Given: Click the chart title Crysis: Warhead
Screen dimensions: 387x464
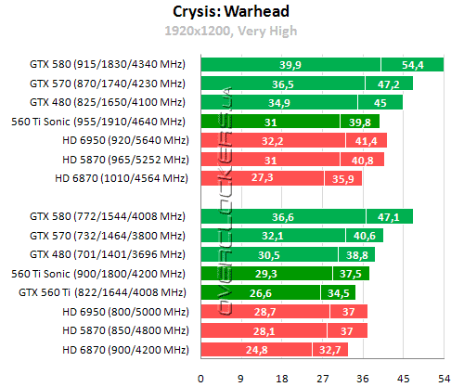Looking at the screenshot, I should click(x=231, y=12).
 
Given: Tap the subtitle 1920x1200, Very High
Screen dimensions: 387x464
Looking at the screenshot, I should click(x=231, y=32).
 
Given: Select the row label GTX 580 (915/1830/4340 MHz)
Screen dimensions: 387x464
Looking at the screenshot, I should click(x=108, y=64).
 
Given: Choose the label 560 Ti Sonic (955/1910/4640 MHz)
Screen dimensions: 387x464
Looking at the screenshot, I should click(x=99, y=121).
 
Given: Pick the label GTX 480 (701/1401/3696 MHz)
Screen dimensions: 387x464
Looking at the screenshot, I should click(x=108, y=254).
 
